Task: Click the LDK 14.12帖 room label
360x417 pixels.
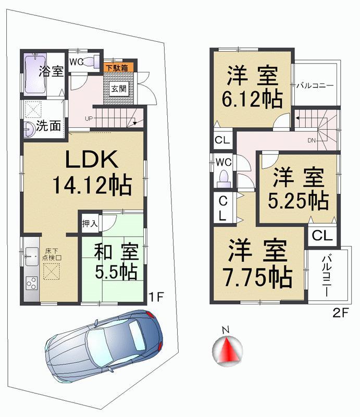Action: (x=91, y=173)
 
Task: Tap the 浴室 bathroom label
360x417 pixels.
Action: (x=52, y=71)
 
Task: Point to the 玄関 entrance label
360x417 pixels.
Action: (x=118, y=88)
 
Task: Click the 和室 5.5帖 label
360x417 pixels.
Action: (x=116, y=262)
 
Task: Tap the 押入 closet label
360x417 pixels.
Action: (x=90, y=224)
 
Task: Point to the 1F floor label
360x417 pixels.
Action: (x=156, y=297)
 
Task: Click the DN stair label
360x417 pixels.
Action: (x=312, y=140)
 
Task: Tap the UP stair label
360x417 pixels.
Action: (x=89, y=118)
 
